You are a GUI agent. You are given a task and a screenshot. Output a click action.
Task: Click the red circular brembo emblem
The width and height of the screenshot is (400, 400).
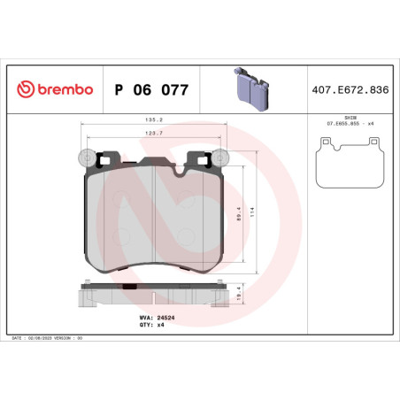coord(24,89)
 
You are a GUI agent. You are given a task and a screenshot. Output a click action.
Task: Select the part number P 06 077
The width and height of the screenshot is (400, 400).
coord(147,89)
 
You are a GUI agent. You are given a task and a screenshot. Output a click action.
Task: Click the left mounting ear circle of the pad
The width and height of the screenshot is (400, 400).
coord(87,158)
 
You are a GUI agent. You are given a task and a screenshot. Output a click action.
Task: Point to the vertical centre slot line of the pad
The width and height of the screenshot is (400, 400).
coord(156,212)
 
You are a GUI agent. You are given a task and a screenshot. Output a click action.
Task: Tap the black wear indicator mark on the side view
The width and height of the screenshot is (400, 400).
coord(128,287)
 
